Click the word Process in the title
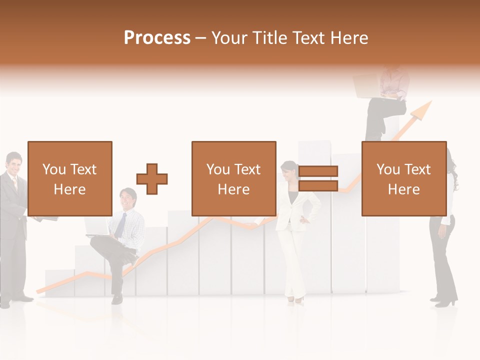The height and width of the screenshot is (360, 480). click(x=157, y=38)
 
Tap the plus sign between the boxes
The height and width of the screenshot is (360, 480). click(x=152, y=178)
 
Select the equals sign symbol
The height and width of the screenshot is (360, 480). click(x=318, y=178)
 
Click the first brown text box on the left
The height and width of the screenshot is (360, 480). click(x=70, y=178)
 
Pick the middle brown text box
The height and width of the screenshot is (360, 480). click(x=234, y=178)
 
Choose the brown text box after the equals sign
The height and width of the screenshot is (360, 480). click(x=404, y=178)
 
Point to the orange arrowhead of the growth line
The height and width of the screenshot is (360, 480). click(x=424, y=110)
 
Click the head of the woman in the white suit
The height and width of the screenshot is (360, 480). click(x=289, y=171)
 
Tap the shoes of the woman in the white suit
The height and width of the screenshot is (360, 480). click(x=295, y=299)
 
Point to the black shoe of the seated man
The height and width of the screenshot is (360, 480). click(x=117, y=298)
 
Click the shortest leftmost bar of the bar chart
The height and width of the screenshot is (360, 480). click(x=59, y=282)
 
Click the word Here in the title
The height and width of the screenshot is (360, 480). click(x=349, y=38)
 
